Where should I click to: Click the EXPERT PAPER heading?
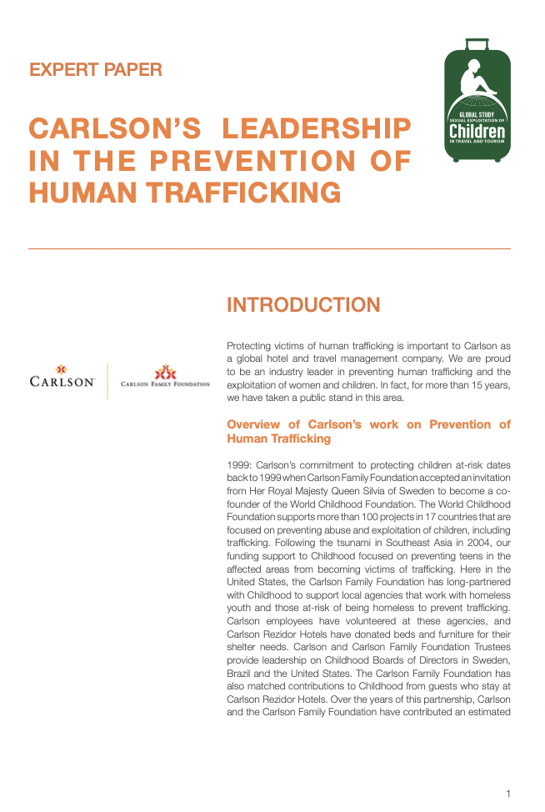[96, 70]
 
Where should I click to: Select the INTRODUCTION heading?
[303, 305]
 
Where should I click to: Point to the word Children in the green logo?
[477, 132]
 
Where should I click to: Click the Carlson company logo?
[62, 378]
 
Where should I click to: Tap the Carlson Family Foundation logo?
[165, 378]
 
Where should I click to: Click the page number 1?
[507, 793]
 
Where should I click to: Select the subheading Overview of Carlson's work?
[368, 431]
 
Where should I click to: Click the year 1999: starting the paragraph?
[240, 464]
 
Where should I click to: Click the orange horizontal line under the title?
[269, 248]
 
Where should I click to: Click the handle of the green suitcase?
[477, 43]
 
